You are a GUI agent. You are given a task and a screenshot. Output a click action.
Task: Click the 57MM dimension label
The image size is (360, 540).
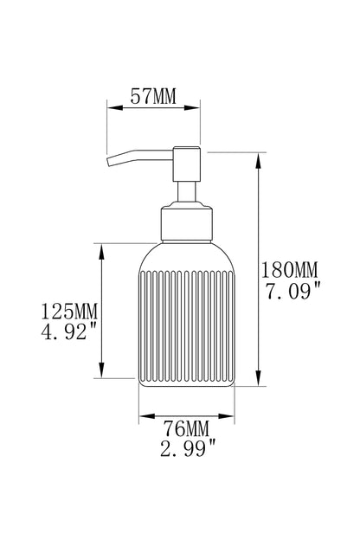(x=153, y=96)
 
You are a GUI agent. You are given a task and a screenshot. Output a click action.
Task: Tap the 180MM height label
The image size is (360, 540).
(x=289, y=270)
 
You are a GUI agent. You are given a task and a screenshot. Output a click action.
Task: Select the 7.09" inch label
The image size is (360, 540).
(x=292, y=291)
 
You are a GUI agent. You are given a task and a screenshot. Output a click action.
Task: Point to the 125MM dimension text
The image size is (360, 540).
(x=69, y=312)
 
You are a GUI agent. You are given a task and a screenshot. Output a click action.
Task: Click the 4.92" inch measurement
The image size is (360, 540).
(x=68, y=331)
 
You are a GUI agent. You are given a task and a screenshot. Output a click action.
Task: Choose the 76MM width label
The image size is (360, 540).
(x=186, y=428)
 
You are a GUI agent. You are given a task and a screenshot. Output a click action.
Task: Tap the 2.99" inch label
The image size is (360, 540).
(x=188, y=449)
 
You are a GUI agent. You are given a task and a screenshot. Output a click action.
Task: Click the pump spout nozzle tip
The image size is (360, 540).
(x=110, y=162)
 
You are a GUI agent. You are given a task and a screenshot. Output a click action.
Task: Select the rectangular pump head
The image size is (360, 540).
(x=186, y=164)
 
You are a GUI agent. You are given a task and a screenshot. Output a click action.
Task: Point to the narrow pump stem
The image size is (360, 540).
(x=186, y=192)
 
